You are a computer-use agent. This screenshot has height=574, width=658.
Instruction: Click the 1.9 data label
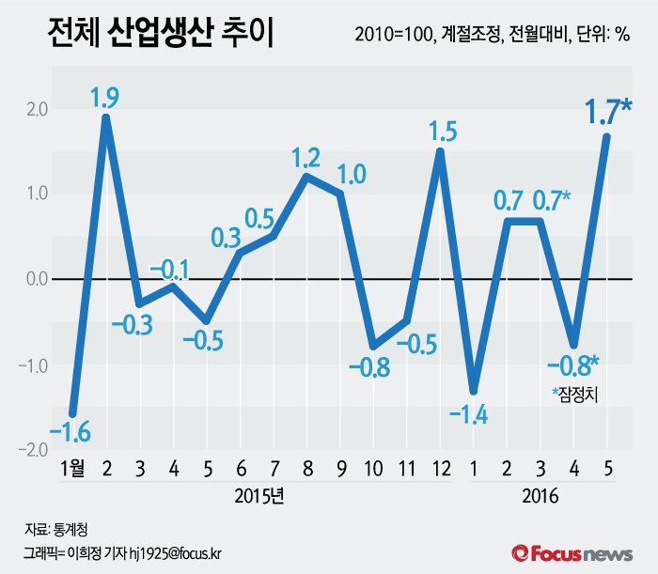point(104,96)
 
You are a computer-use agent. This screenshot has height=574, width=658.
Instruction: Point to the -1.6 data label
point(70,433)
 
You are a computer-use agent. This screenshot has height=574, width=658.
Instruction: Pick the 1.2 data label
point(306,156)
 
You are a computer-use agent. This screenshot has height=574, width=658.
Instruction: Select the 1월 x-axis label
point(71,469)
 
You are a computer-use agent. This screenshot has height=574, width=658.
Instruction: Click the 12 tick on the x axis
point(439,469)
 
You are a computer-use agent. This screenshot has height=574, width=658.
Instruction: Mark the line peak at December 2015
point(439,151)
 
